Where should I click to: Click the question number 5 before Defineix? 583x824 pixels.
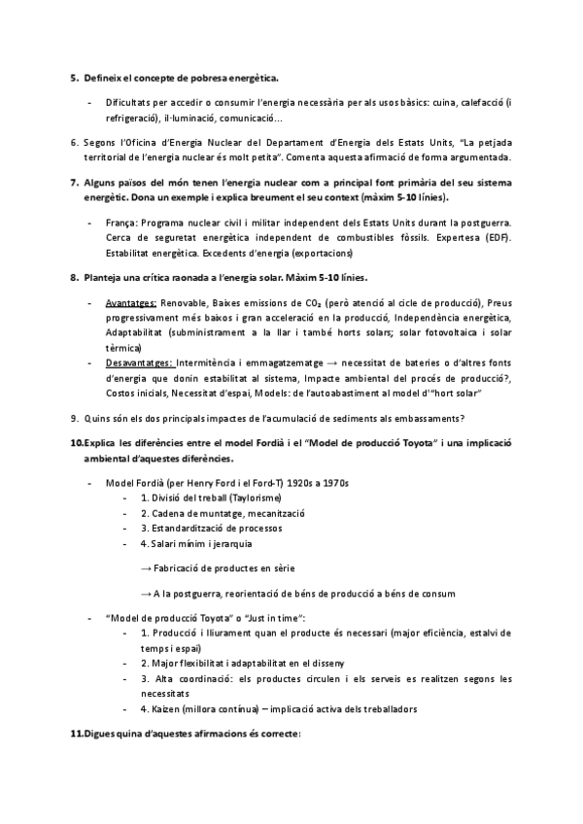74,77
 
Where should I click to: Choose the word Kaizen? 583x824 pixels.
167,708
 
